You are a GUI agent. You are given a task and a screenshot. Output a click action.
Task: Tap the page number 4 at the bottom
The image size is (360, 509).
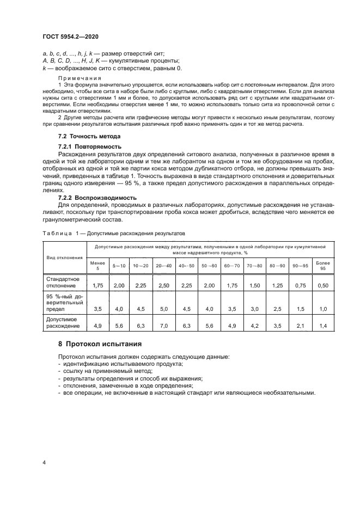pos(44,462)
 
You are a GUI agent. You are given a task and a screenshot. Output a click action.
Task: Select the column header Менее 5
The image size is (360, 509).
pos(98,265)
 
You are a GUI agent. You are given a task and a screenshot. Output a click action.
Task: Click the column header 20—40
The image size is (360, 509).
pos(163,265)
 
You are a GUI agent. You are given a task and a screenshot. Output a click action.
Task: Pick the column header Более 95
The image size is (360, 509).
pos(324,265)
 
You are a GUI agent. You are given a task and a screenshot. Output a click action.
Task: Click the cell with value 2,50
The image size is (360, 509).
pos(163,285)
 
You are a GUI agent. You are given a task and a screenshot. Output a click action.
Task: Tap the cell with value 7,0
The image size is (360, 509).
pos(163,326)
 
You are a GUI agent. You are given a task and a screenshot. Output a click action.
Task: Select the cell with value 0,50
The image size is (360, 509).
pos(324,285)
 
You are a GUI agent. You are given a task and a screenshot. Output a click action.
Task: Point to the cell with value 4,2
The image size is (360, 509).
pos(254,326)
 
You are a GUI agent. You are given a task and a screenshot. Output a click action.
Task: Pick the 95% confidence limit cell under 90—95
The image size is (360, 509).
pos(300,309)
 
